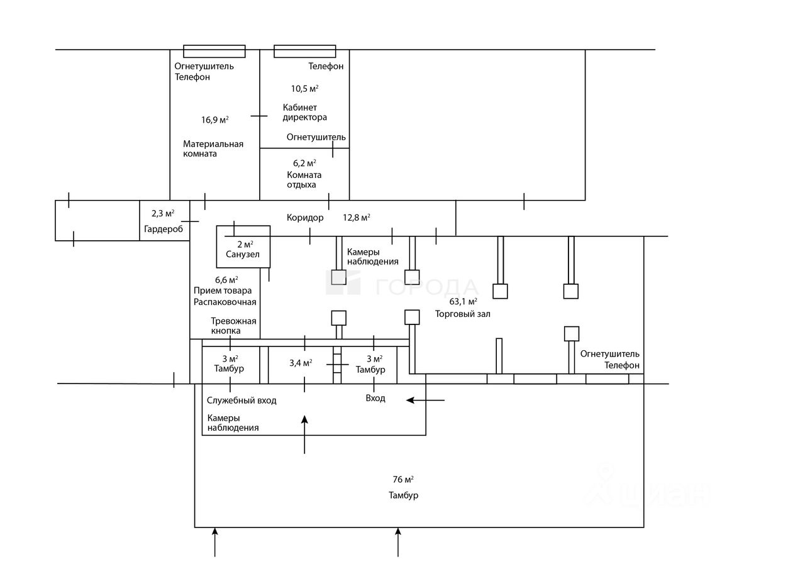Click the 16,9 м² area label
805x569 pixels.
click(x=214, y=119)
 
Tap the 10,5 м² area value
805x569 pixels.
click(x=304, y=89)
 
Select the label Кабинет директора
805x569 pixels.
click(x=304, y=113)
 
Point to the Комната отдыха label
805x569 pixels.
click(x=304, y=180)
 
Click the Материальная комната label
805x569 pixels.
click(x=213, y=149)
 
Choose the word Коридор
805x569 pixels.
click(x=305, y=218)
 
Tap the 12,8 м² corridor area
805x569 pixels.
click(x=357, y=218)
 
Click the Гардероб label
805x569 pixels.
click(x=164, y=229)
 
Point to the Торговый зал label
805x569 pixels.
click(x=463, y=314)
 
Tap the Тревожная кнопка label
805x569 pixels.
click(x=233, y=326)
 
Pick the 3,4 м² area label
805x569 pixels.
click(x=301, y=363)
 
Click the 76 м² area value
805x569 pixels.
click(x=403, y=480)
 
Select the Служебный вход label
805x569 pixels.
click(x=241, y=401)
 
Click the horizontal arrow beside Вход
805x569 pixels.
click(x=426, y=400)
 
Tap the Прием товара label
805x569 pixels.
click(x=223, y=290)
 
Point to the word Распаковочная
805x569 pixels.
click(x=225, y=302)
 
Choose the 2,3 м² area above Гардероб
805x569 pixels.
click(x=163, y=214)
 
